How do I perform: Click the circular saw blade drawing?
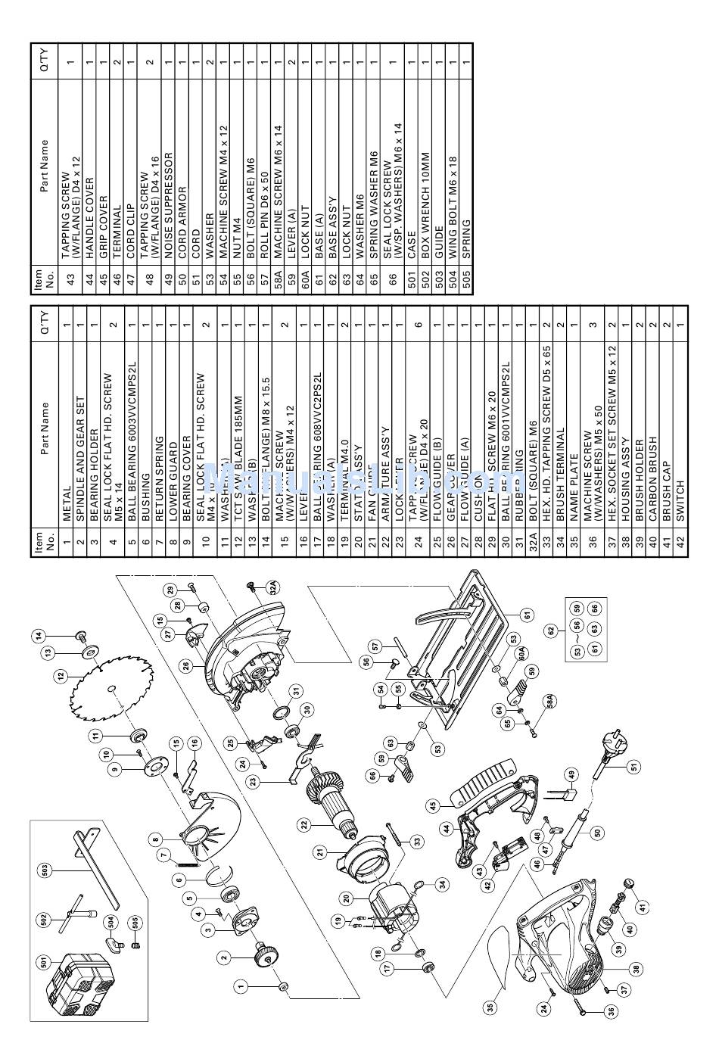point(111,690)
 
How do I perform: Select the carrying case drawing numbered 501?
point(71,986)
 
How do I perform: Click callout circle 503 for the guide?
point(45,871)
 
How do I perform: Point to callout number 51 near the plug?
point(632,765)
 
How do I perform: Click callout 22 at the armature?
point(302,824)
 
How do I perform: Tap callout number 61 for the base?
point(528,614)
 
